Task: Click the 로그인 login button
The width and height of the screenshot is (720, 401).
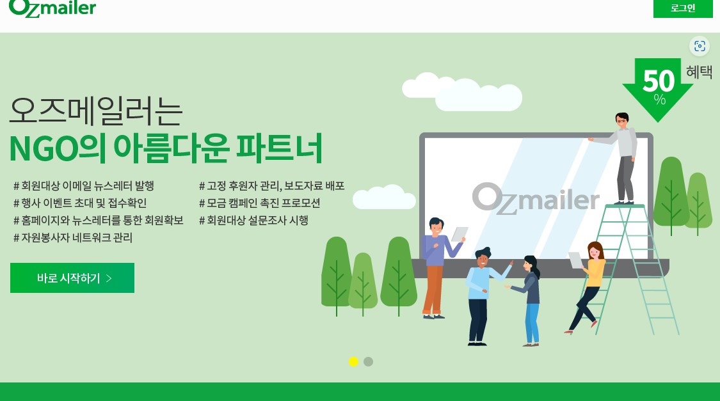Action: (x=683, y=8)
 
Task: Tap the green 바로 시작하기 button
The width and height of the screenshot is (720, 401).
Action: (x=72, y=278)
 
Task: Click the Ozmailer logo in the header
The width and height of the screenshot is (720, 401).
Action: (x=52, y=8)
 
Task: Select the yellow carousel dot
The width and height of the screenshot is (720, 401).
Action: (x=353, y=361)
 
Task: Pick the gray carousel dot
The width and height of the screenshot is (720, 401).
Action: (x=368, y=361)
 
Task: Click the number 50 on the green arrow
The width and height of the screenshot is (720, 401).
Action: (x=659, y=81)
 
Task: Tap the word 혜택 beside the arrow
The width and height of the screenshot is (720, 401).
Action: (x=699, y=72)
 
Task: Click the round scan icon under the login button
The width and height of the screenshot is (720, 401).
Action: (x=700, y=46)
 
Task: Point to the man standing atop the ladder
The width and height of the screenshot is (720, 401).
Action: (x=620, y=157)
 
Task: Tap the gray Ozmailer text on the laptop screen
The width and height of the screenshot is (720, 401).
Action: (x=536, y=198)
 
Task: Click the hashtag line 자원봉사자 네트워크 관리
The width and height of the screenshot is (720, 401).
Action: (x=73, y=238)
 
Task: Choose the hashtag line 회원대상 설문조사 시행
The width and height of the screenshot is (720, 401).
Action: (x=253, y=220)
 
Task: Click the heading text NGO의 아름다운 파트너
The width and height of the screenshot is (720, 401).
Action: (x=166, y=148)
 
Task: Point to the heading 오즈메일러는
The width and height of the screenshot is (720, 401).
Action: (x=96, y=111)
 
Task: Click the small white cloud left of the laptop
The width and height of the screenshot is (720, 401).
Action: (x=384, y=197)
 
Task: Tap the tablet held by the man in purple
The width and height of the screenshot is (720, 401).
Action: (x=459, y=234)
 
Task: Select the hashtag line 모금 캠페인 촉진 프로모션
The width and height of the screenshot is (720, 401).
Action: (x=259, y=203)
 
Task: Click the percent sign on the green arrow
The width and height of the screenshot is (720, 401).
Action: (x=659, y=99)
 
